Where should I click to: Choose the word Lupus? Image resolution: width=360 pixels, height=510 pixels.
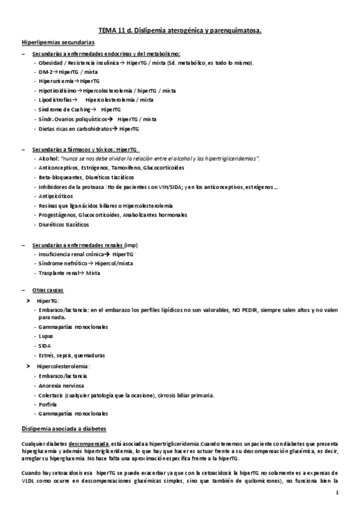44,336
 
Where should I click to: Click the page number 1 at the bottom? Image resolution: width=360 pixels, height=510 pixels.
338,494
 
